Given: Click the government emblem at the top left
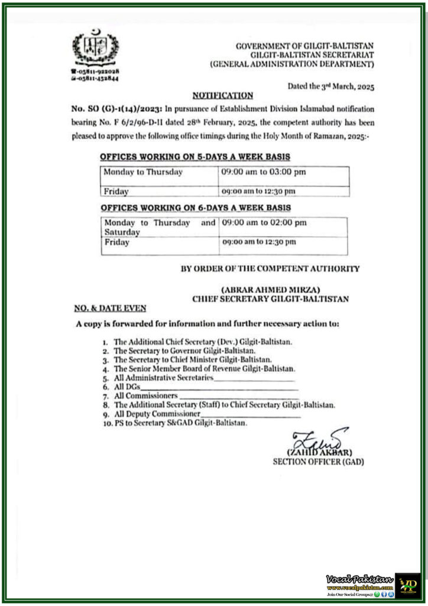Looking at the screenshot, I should click(x=95, y=48).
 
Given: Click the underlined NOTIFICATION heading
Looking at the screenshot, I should click(x=222, y=95).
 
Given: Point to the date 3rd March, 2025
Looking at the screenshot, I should click(x=331, y=86).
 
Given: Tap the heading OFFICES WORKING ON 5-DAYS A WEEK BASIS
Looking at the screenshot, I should click(x=194, y=157).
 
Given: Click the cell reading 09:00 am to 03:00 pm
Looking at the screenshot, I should click(x=263, y=172).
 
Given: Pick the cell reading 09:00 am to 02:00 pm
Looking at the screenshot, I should click(x=264, y=223).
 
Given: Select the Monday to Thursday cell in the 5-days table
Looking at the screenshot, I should click(x=143, y=172).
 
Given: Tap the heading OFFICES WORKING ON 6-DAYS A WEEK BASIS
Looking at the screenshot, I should click(x=195, y=208).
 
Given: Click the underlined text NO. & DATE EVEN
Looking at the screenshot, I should click(x=111, y=308).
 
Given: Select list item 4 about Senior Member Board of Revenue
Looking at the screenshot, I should click(x=203, y=368).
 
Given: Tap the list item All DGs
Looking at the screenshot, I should click(x=124, y=386).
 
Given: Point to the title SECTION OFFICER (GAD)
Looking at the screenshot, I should click(x=318, y=462).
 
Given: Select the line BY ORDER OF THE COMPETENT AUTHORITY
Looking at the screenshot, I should click(x=270, y=268).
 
